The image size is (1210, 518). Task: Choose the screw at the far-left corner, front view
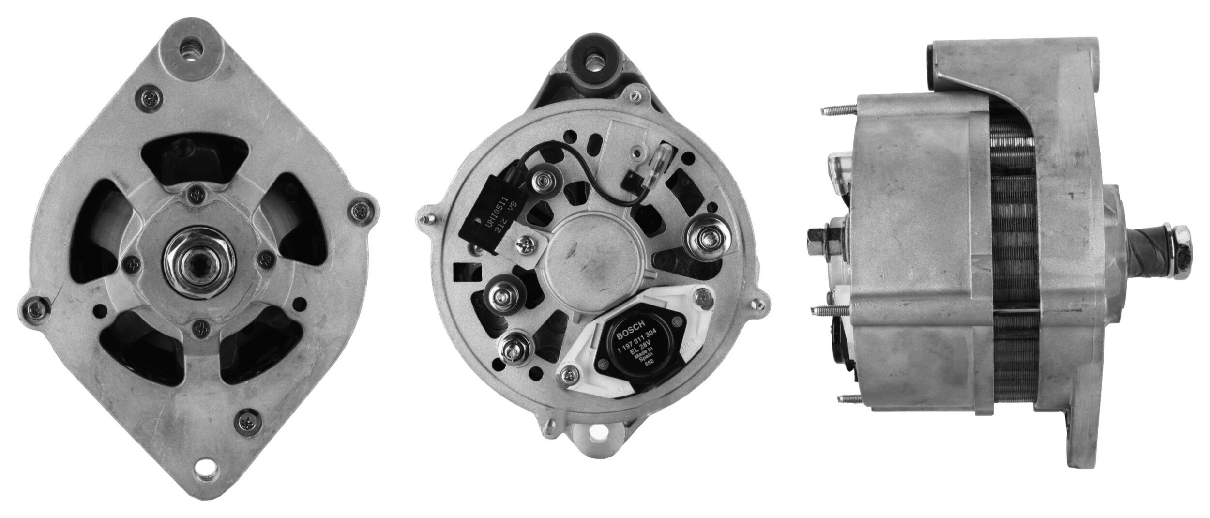click(x=35, y=306)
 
